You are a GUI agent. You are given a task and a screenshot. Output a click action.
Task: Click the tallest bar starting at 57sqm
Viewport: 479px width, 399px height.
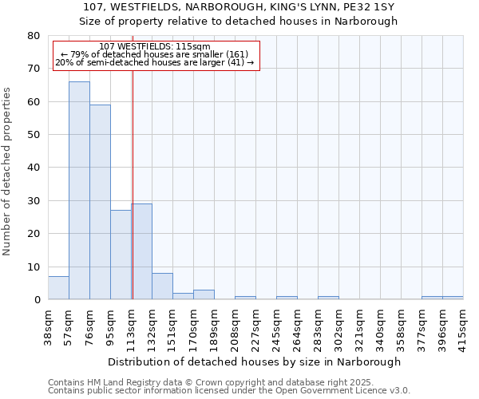tap(79, 191)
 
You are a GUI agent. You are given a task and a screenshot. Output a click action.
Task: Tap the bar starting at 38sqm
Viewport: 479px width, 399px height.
tap(58, 288)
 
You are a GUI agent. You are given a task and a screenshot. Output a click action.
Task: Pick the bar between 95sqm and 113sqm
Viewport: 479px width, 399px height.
tap(121, 255)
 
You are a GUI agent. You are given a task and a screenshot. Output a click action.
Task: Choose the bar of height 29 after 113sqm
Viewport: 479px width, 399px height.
tap(141, 251)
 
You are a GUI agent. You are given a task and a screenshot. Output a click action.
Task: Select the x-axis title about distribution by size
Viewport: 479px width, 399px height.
tap(254, 361)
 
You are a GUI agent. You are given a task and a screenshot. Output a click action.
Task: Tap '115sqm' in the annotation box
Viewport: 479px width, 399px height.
tap(194, 47)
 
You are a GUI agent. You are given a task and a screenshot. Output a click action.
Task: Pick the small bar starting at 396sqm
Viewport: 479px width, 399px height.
tap(453, 298)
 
